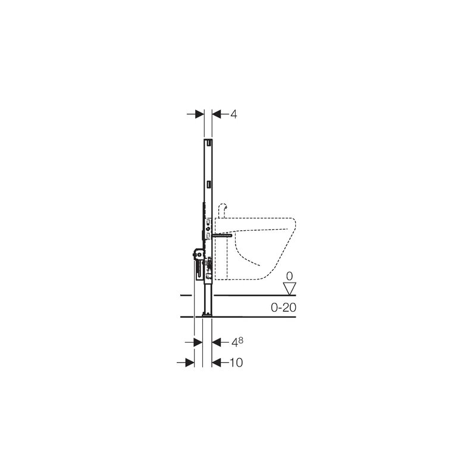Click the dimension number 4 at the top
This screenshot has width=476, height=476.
[233, 114]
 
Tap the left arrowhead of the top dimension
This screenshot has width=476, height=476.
[199, 114]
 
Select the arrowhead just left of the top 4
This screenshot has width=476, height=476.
[217, 114]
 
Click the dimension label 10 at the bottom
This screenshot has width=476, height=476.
[236, 362]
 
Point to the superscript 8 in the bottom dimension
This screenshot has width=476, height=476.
[241, 340]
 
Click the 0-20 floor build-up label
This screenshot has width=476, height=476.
[284, 308]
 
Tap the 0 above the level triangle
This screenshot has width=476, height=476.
[289, 276]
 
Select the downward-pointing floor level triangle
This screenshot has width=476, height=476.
[289, 289]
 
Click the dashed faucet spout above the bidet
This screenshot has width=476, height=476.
[223, 209]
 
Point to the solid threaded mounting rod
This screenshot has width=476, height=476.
[222, 235]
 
